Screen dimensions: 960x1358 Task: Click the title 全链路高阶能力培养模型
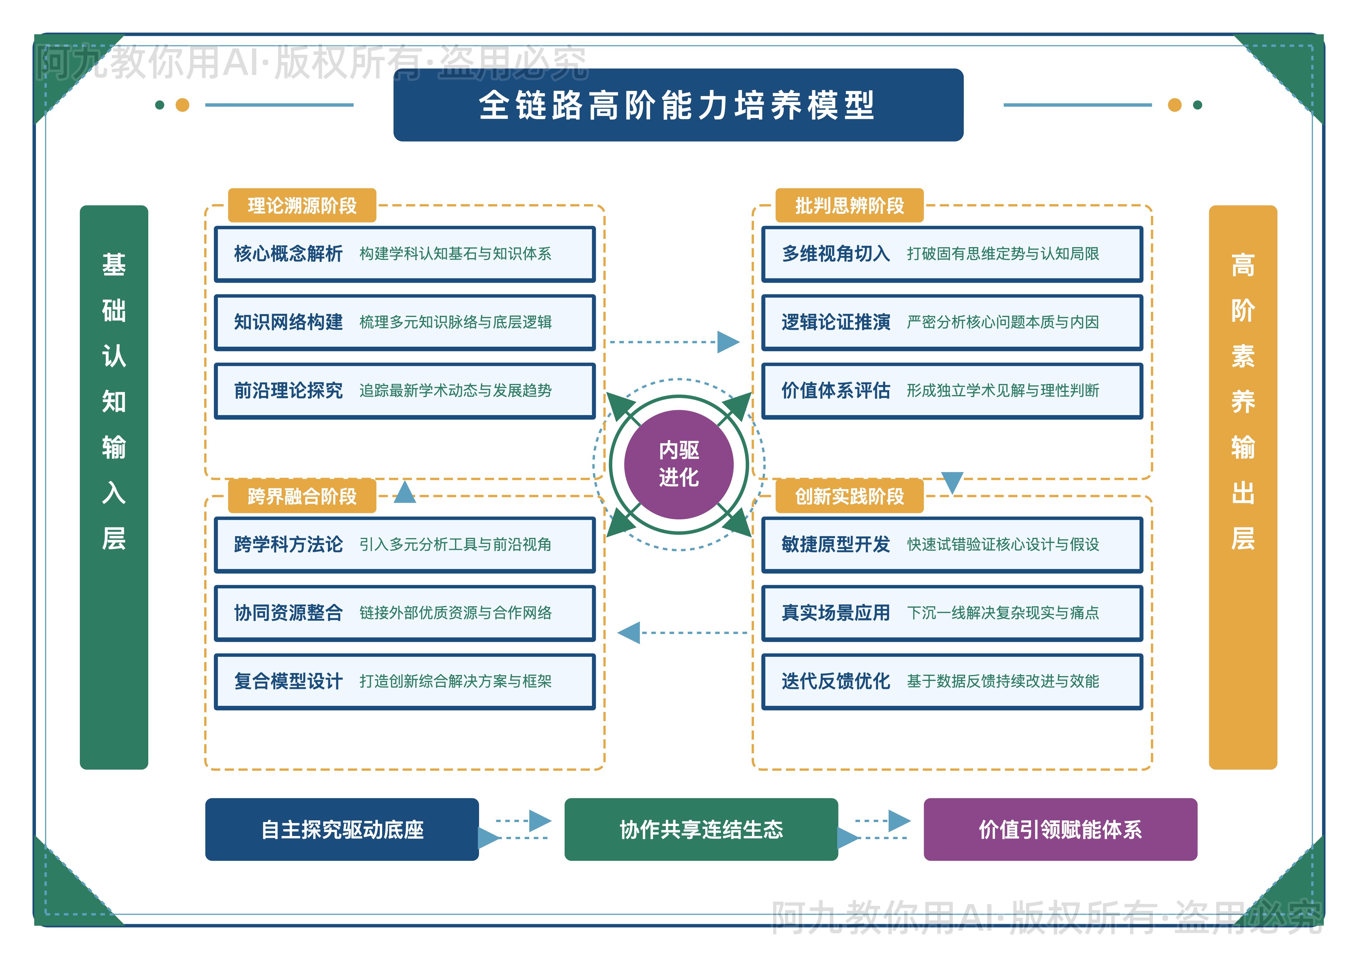[x=678, y=105]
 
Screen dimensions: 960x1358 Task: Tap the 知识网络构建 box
[x=405, y=322]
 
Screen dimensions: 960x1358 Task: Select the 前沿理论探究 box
[x=405, y=391]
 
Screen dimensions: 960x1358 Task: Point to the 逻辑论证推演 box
[x=952, y=322]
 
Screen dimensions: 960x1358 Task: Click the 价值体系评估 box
[x=952, y=391]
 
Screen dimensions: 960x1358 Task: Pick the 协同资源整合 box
[x=405, y=613]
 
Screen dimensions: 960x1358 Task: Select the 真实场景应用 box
[x=952, y=613]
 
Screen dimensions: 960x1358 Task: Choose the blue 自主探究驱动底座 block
[x=342, y=829]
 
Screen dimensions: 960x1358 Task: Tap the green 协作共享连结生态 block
[x=701, y=829]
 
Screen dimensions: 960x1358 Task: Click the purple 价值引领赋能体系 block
[x=1060, y=829]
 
